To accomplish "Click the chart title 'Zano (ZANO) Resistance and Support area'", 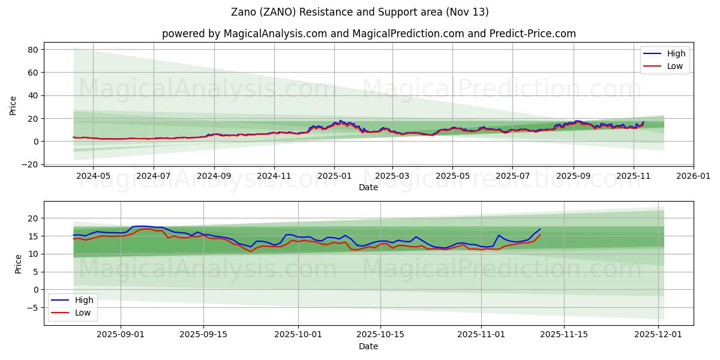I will pos(360,12).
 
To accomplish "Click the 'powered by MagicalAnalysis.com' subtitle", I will pos(368,34).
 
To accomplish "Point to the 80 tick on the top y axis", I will pos(32,49).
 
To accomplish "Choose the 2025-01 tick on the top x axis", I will pos(334,176).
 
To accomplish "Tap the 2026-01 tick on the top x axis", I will pos(694,176).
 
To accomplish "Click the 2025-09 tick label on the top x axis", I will pos(573,176).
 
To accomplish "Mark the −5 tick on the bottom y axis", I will pos(32,308).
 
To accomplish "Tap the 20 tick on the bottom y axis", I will pos(32,218).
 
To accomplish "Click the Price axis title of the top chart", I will pos(13,106).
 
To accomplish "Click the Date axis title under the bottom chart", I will pos(368,346).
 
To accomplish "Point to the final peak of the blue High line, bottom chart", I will pos(540,229).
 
